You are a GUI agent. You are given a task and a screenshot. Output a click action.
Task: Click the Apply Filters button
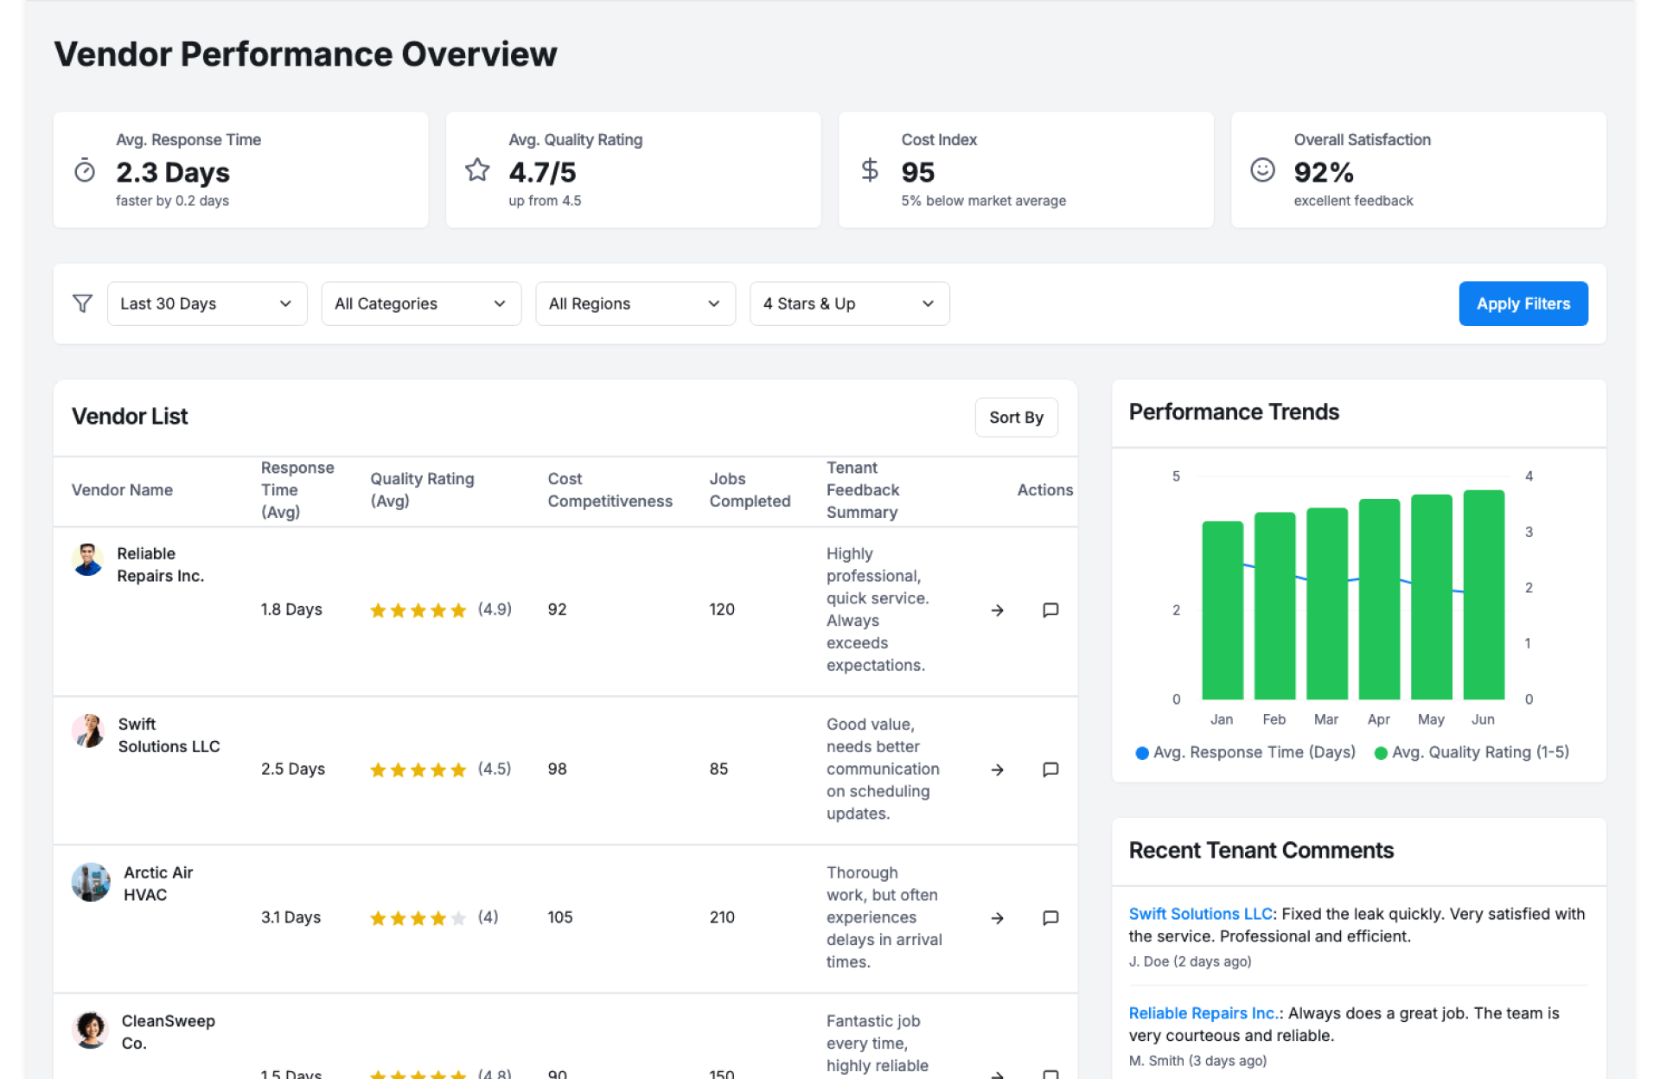click(1522, 303)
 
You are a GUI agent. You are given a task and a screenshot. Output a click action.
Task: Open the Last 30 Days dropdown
click(207, 303)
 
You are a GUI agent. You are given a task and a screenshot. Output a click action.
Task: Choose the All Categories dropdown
click(420, 303)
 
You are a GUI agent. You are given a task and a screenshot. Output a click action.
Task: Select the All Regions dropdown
click(635, 303)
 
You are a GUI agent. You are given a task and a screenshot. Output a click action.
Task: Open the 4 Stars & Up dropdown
click(848, 303)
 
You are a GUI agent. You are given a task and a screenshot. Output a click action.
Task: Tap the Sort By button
click(1015, 418)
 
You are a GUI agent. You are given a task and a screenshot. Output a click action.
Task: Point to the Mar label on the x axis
click(1325, 719)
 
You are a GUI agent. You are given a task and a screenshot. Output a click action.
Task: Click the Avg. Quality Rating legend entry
click(1471, 752)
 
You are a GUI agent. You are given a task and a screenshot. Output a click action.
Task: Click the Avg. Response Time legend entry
click(1245, 752)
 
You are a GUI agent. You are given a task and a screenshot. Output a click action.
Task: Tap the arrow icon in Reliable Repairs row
click(997, 610)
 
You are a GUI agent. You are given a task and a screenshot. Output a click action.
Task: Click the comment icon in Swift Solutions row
click(1050, 769)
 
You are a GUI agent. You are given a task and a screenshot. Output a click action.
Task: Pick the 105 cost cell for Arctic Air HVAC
click(560, 917)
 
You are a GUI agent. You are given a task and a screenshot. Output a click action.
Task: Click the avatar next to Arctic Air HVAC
click(90, 883)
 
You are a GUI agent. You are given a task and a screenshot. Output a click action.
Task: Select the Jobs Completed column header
click(750, 490)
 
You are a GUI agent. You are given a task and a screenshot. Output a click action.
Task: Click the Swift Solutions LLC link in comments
click(1199, 914)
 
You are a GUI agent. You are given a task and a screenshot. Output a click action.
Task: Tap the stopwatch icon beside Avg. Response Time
click(85, 170)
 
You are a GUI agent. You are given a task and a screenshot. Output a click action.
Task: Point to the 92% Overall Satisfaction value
click(1323, 173)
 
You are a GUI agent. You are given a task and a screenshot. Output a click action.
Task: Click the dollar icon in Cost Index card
click(870, 170)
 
